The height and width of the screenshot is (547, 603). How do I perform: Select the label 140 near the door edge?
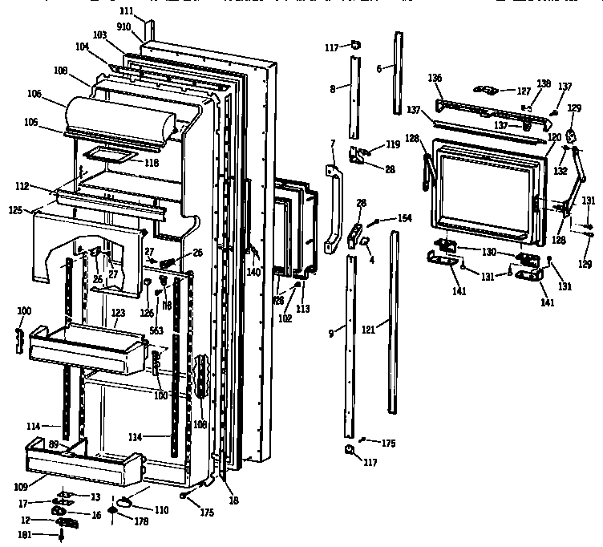[254, 273]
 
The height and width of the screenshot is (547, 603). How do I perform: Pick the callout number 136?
[435, 79]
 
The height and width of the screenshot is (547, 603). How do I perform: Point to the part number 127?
[523, 91]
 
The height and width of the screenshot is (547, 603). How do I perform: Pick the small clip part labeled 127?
[488, 89]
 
